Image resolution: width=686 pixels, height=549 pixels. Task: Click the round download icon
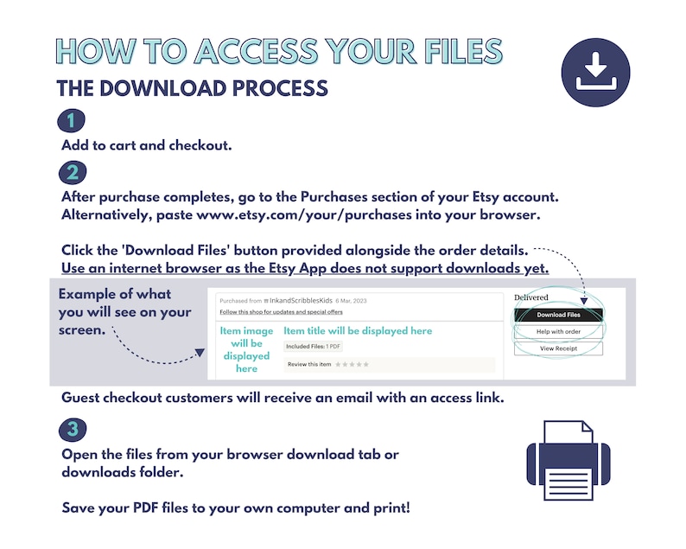tap(595, 73)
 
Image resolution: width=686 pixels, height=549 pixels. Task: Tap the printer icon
tap(568, 461)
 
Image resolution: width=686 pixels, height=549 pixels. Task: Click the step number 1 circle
tap(72, 120)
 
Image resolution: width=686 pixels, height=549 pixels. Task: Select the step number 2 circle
tap(73, 173)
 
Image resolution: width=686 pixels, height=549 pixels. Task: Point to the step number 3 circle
tap(73, 429)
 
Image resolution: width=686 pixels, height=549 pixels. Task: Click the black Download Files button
tap(559, 315)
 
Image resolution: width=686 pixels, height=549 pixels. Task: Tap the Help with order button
tap(559, 331)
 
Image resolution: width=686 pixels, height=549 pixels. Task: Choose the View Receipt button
tap(559, 348)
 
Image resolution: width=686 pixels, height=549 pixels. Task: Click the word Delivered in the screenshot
tap(531, 297)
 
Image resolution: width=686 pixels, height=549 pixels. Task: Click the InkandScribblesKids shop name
tap(301, 300)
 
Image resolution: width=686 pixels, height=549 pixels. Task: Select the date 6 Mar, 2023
tap(351, 301)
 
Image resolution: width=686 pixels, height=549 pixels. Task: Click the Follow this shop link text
tap(282, 312)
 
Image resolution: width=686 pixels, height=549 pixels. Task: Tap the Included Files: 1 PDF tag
tap(313, 347)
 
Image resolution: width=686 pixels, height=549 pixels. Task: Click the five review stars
tap(352, 364)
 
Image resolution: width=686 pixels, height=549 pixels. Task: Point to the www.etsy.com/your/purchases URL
tap(304, 215)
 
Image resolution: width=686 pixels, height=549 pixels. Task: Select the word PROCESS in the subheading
tap(280, 88)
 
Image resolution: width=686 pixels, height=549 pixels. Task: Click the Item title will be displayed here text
tap(358, 330)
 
